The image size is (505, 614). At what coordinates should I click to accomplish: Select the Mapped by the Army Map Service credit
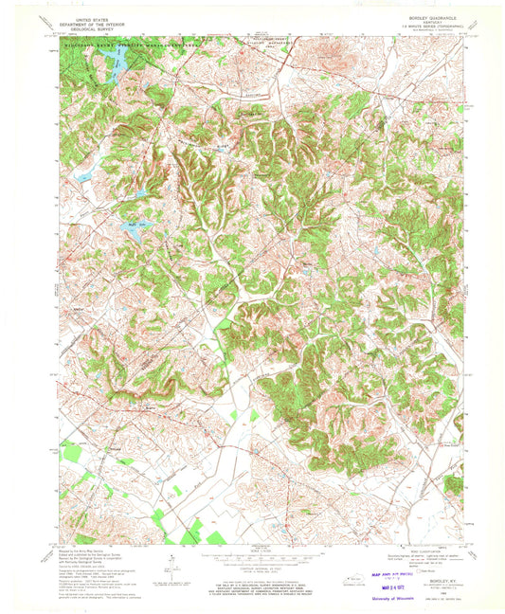click(x=77, y=551)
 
